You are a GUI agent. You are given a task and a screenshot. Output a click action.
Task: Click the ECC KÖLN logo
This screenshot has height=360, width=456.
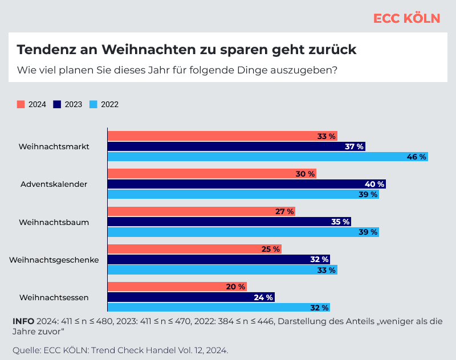(x=406, y=18)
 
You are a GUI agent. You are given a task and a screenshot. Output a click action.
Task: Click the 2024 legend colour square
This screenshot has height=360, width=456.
(x=21, y=104)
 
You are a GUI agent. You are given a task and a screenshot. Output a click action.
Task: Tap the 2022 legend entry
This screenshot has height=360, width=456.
(x=104, y=104)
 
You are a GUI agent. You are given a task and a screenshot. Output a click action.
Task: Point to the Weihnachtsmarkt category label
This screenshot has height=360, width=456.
(x=54, y=146)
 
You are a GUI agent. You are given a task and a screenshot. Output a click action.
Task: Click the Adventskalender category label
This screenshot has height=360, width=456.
(x=54, y=184)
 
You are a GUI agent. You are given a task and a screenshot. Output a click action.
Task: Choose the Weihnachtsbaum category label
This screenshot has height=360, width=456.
(x=54, y=222)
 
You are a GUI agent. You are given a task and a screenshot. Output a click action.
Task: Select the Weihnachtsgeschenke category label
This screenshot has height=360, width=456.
(x=54, y=260)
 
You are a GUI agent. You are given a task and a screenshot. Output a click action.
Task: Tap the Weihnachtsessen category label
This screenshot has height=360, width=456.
(x=54, y=297)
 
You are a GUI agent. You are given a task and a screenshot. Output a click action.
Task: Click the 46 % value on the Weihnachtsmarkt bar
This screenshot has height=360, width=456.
(x=417, y=157)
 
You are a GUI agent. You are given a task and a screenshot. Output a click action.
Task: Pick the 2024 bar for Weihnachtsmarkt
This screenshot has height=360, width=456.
(x=222, y=136)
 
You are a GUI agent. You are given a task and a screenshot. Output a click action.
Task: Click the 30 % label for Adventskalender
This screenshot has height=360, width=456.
(x=305, y=174)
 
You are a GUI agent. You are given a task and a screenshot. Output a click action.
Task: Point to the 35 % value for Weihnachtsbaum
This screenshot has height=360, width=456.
(x=340, y=222)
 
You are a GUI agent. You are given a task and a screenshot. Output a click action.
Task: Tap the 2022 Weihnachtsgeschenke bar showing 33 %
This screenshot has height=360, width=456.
(x=222, y=270)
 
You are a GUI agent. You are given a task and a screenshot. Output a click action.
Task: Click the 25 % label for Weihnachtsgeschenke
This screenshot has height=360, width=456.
(x=270, y=249)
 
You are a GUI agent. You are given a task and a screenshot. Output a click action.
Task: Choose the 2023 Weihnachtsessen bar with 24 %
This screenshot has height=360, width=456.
(x=191, y=297)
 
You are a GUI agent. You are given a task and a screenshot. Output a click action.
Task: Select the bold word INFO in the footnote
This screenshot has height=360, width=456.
(x=23, y=321)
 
